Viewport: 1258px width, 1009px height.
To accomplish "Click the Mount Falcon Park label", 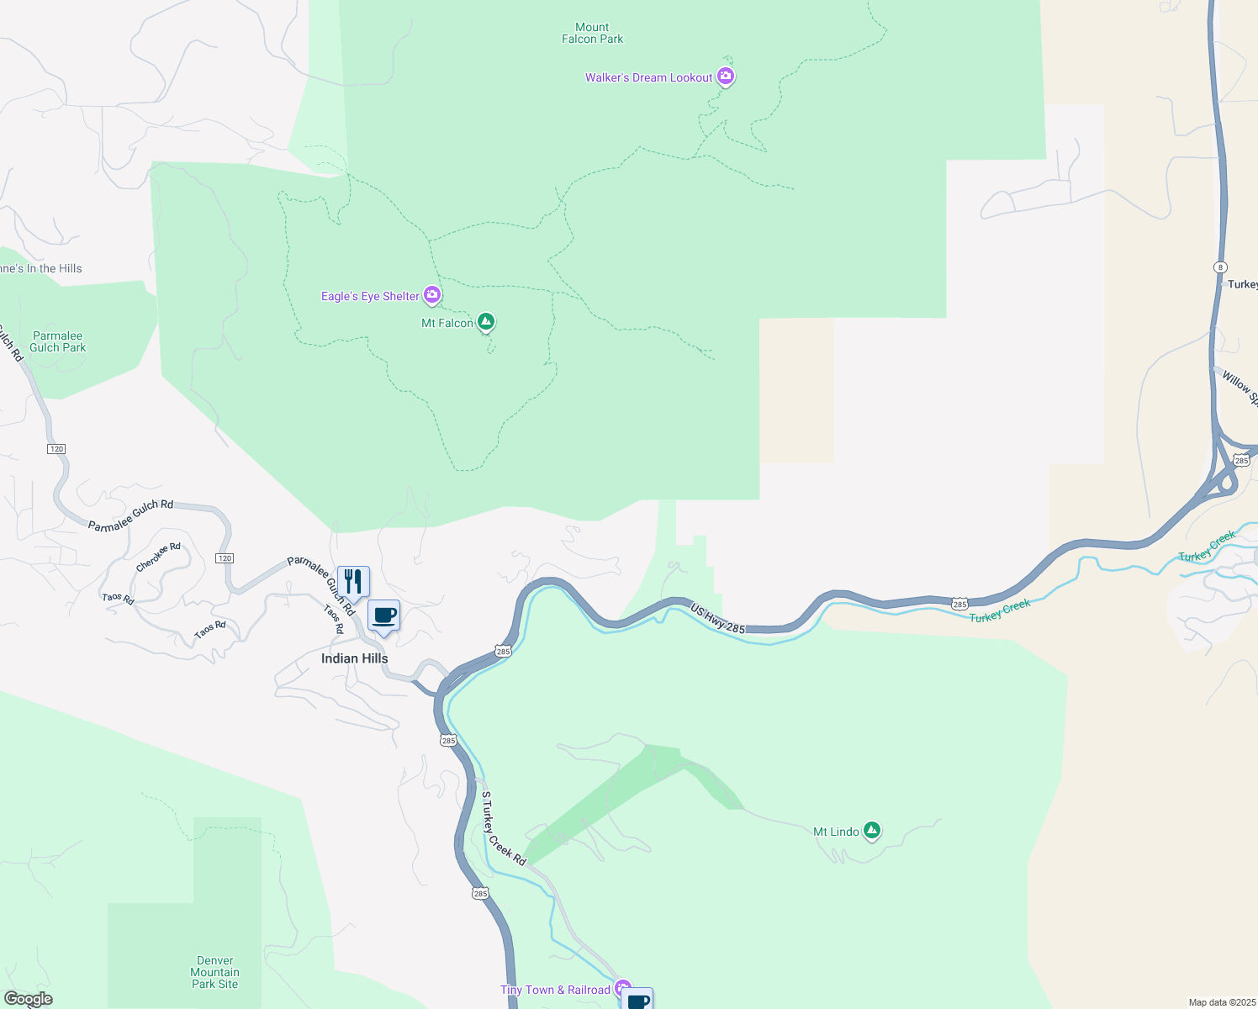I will (592, 34).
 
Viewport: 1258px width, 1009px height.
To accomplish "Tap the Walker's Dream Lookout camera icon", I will (726, 77).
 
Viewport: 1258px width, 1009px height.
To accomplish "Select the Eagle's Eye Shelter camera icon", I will (432, 294).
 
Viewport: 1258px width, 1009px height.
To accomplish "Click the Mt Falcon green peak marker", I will (485, 321).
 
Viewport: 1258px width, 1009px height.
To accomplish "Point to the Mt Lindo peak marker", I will (872, 831).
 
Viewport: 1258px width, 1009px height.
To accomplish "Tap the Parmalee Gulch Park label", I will (57, 341).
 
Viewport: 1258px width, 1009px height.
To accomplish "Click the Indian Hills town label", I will (354, 658).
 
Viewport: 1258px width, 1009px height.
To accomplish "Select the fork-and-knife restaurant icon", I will (353, 581).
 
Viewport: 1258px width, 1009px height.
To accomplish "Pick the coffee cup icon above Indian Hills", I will (383, 615).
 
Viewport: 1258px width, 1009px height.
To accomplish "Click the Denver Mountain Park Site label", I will (215, 972).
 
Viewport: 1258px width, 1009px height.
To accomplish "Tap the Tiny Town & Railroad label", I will (555, 990).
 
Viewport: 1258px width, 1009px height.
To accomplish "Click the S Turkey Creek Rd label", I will (503, 829).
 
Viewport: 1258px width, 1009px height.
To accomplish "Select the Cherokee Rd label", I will (159, 557).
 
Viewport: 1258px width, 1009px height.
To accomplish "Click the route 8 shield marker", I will (1220, 267).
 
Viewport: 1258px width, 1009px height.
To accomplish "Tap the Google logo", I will (28, 999).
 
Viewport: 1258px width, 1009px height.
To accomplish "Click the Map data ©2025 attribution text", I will (1220, 1002).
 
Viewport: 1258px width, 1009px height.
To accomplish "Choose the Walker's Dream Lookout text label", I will (648, 77).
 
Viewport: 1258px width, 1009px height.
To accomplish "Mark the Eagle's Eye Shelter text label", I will (370, 296).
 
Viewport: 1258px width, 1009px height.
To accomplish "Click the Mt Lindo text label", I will (836, 832).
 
